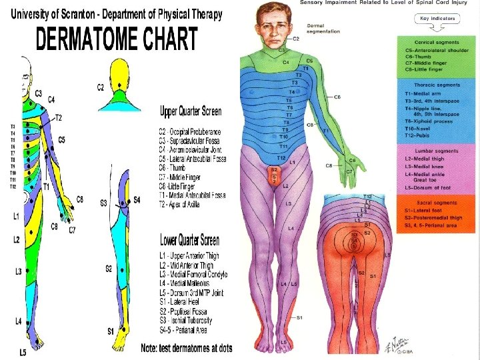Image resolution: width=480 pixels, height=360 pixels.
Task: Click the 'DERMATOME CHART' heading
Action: click(117, 39)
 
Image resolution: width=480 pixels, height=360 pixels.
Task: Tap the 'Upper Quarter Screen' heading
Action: click(190, 111)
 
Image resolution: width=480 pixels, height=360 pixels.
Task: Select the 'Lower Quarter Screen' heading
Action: click(189, 239)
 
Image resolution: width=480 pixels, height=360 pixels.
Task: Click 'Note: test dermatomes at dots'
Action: click(187, 347)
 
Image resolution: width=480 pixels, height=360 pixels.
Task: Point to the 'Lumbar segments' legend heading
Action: click(436, 151)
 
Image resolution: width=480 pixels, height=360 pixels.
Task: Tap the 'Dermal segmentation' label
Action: click(323, 28)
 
